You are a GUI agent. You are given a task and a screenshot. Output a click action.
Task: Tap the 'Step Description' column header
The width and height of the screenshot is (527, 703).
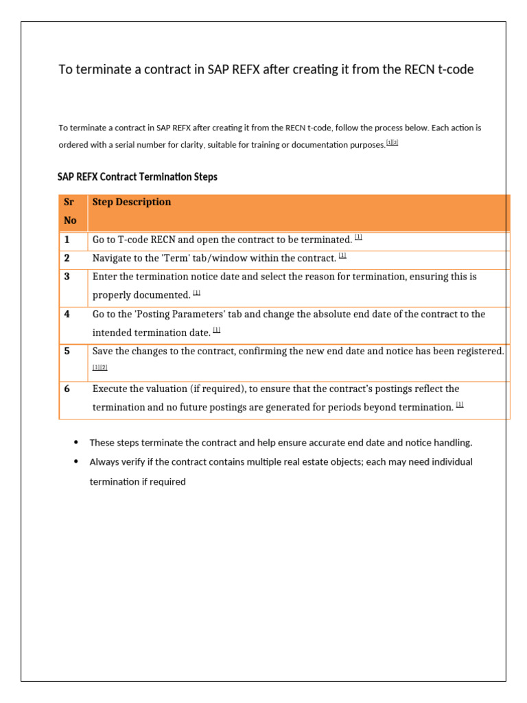[x=132, y=202]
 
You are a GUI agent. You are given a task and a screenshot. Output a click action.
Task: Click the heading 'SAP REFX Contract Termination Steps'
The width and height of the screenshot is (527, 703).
[x=137, y=177]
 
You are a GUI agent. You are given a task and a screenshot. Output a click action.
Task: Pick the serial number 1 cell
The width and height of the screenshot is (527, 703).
[x=67, y=240]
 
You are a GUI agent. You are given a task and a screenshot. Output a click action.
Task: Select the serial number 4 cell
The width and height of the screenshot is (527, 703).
[x=67, y=314]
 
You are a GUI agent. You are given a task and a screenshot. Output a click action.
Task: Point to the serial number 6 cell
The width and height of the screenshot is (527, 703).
[x=67, y=389]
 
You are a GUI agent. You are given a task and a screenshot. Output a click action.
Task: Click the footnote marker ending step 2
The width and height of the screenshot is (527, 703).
[x=342, y=256]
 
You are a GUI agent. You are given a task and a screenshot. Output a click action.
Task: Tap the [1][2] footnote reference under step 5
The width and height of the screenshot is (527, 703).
[x=100, y=367]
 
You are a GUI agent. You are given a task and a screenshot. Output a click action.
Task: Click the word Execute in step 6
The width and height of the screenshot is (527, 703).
[x=111, y=389]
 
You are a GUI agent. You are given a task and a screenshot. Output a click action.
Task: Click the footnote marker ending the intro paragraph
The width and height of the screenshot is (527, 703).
[x=392, y=143]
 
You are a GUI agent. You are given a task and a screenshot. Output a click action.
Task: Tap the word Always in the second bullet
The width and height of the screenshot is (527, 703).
[x=104, y=462]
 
